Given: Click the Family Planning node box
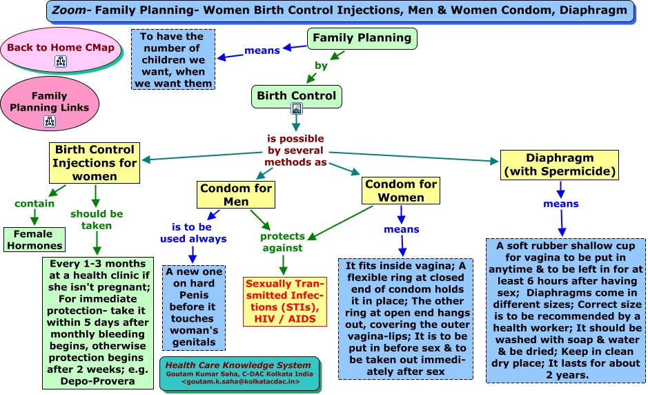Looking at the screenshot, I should (x=362, y=39).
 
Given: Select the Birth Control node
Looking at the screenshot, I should (x=296, y=96).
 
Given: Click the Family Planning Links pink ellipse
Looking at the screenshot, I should (x=49, y=103).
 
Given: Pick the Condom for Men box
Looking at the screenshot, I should (x=236, y=195).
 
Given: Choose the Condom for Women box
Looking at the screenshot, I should (x=401, y=191).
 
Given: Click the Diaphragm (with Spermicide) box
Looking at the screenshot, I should (x=560, y=164).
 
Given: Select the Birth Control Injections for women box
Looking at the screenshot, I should (x=95, y=163).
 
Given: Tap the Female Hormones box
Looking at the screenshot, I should (x=34, y=240).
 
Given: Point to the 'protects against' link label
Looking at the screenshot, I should (x=282, y=242).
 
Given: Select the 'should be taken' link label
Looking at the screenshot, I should (x=97, y=219).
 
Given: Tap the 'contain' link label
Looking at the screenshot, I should (x=35, y=204).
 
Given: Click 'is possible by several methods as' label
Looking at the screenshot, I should (x=297, y=151).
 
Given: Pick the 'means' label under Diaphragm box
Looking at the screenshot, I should (x=560, y=204).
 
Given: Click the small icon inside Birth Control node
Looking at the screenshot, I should (x=296, y=108).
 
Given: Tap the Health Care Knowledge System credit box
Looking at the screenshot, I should (x=241, y=373).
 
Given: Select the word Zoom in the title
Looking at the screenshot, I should (x=68, y=10).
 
